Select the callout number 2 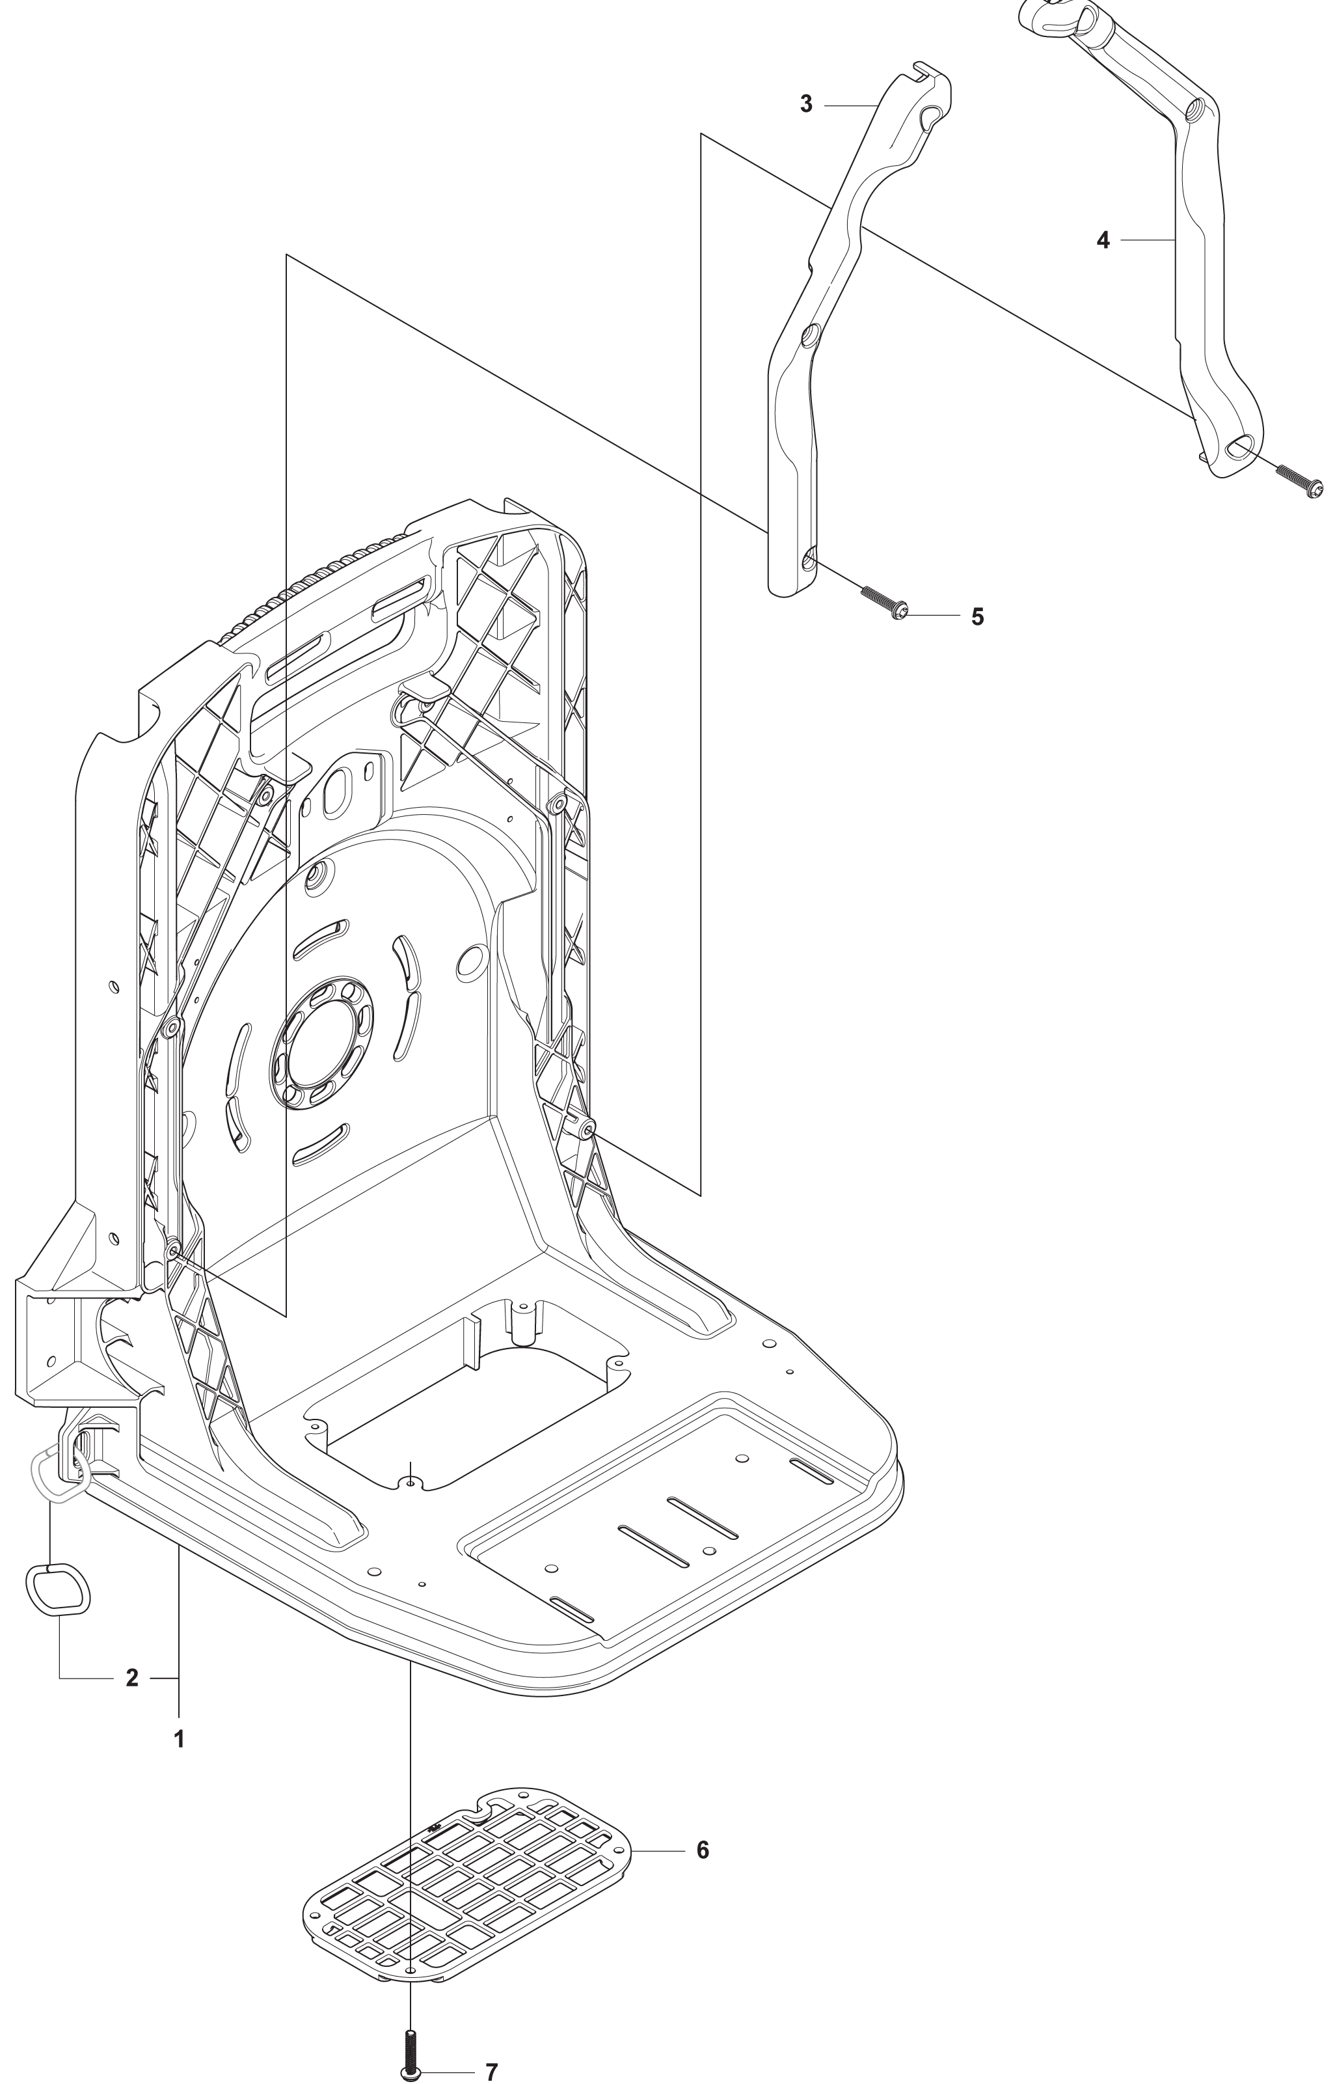point(132,1678)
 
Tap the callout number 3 point(806,105)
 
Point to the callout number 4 point(1103,240)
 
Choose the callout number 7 point(492,2066)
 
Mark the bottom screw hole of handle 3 point(809,561)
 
